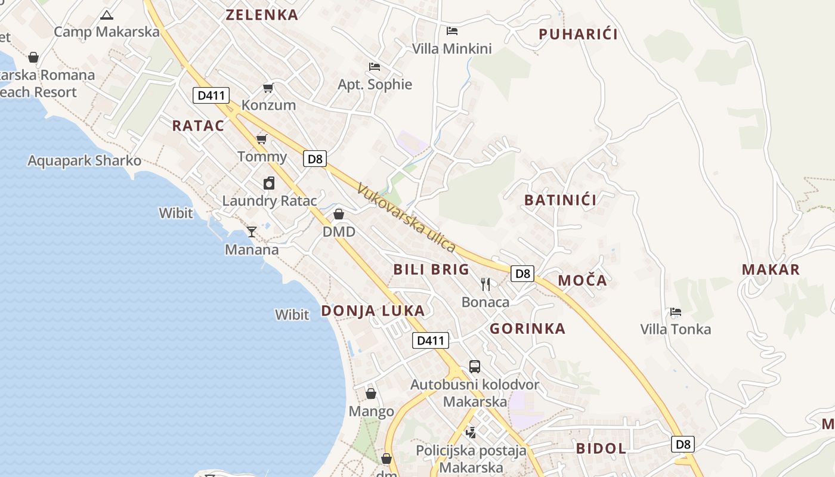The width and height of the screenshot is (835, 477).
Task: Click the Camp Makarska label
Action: pyautogui.click(x=107, y=32)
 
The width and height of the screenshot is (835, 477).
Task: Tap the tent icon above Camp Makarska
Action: pyautogui.click(x=107, y=15)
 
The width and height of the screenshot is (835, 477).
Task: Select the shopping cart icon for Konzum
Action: pyautogui.click(x=268, y=88)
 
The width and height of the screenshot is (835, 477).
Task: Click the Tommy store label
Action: pyautogui.click(x=262, y=157)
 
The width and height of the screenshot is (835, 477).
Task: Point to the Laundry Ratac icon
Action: pyautogui.click(x=269, y=183)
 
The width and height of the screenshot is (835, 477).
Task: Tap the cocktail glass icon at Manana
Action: pyautogui.click(x=252, y=231)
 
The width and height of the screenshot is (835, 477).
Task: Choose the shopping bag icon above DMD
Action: pyautogui.click(x=339, y=214)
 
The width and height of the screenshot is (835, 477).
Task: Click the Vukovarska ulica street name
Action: pyautogui.click(x=407, y=218)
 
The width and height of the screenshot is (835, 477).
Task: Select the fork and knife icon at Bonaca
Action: pyautogui.click(x=485, y=284)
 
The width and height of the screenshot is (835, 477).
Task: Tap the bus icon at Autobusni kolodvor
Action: pyautogui.click(x=475, y=367)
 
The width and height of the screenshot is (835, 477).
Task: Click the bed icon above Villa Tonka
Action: pyautogui.click(x=675, y=312)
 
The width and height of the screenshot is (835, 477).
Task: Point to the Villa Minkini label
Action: pyautogui.click(x=452, y=49)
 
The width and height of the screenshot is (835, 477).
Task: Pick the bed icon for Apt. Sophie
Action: pyautogui.click(x=375, y=67)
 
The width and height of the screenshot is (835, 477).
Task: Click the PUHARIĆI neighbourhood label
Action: pyautogui.click(x=578, y=34)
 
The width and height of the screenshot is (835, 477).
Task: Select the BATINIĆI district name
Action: pyautogui.click(x=560, y=200)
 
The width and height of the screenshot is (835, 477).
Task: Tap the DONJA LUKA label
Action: pyautogui.click(x=373, y=311)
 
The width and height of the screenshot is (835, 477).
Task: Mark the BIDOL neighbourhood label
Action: pyautogui.click(x=601, y=448)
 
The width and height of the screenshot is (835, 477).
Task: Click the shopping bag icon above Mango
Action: pyautogui.click(x=371, y=394)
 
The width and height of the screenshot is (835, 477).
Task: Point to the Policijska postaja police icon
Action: pyautogui.click(x=471, y=432)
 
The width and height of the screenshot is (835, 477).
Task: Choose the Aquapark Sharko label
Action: pyautogui.click(x=85, y=160)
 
